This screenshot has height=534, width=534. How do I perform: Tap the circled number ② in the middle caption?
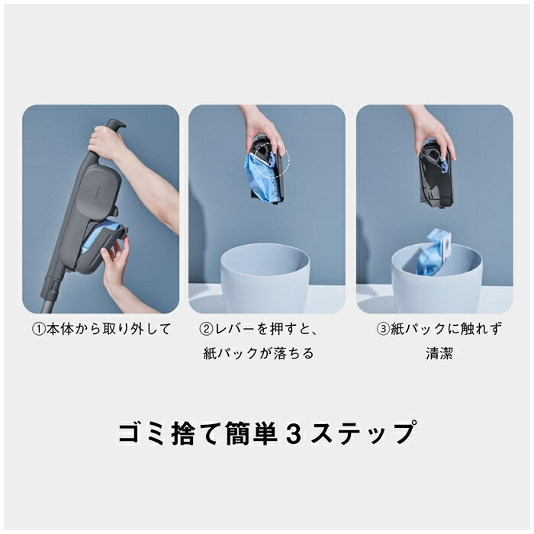pyautogui.click(x=206, y=330)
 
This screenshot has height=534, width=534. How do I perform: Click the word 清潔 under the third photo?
pyautogui.click(x=440, y=354)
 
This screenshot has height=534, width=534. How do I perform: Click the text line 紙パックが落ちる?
pyautogui.click(x=259, y=354)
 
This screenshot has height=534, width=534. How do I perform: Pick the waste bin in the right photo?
pyautogui.click(x=435, y=278)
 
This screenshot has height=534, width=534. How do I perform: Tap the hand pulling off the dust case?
pyautogui.click(x=116, y=263)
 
